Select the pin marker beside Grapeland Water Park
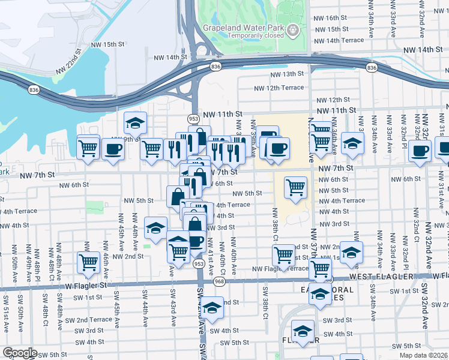tap(292, 29)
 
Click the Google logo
tap(20, 353)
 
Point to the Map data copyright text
tap(423, 355)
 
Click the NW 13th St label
tap(288, 74)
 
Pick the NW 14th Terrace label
tap(339, 40)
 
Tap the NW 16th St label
tap(331, 18)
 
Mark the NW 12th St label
tap(331, 100)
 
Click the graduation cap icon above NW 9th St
tap(135, 123)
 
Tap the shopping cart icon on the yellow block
tap(295, 187)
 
